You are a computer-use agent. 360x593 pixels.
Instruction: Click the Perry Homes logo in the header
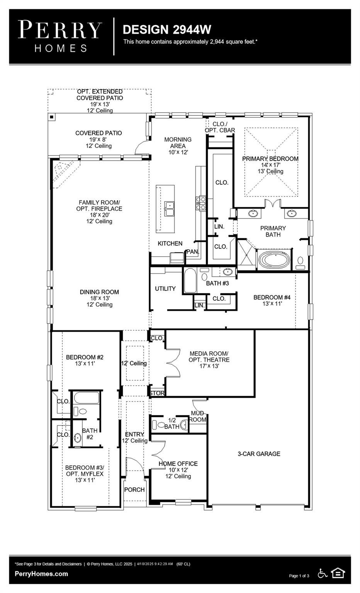coord(60,37)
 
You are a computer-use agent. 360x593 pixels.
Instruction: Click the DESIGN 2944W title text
coord(167,30)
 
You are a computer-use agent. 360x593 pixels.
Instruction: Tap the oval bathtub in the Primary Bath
coord(274,260)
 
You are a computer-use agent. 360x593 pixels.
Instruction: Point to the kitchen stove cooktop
coord(200,203)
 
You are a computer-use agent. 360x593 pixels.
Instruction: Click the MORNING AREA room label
coord(178,142)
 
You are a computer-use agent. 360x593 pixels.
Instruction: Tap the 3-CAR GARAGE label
coord(259,454)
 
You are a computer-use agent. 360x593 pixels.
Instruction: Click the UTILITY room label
coord(165,288)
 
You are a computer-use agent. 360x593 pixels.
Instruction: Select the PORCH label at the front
coord(134,490)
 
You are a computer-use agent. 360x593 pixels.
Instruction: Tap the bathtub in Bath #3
coord(190,281)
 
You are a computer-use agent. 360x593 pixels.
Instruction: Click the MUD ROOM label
coord(198,416)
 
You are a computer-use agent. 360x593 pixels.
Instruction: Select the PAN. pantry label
coord(193,251)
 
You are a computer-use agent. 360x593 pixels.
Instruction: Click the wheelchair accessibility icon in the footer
coord(323,574)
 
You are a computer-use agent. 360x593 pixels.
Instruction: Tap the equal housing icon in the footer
coord(338,573)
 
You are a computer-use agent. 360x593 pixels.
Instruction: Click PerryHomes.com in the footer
coord(41,574)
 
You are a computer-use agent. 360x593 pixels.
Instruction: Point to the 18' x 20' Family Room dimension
coord(99,215)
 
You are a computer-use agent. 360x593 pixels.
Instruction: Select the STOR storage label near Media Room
coord(157,393)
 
